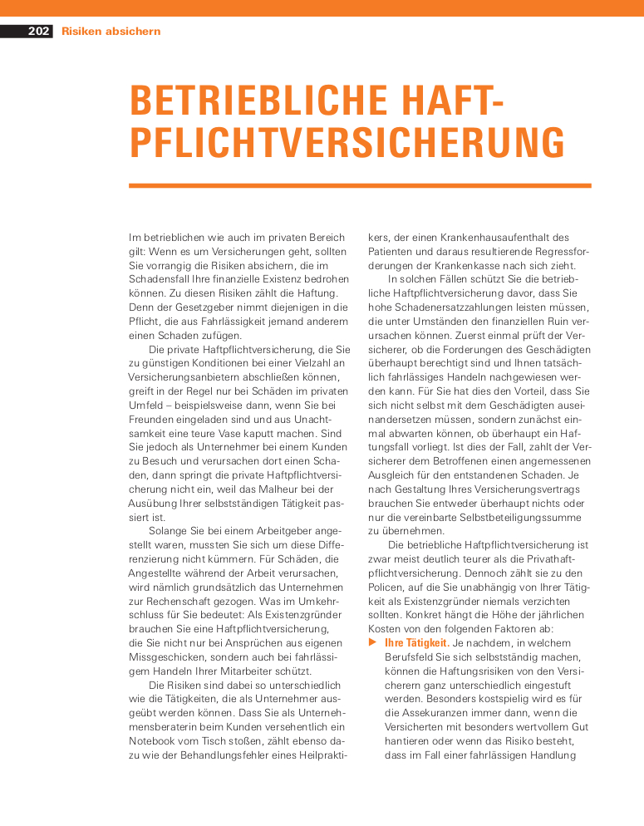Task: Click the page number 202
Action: click(38, 32)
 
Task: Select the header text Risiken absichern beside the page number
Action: click(111, 32)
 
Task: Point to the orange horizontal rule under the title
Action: click(360, 185)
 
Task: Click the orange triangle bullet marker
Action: click(372, 642)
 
